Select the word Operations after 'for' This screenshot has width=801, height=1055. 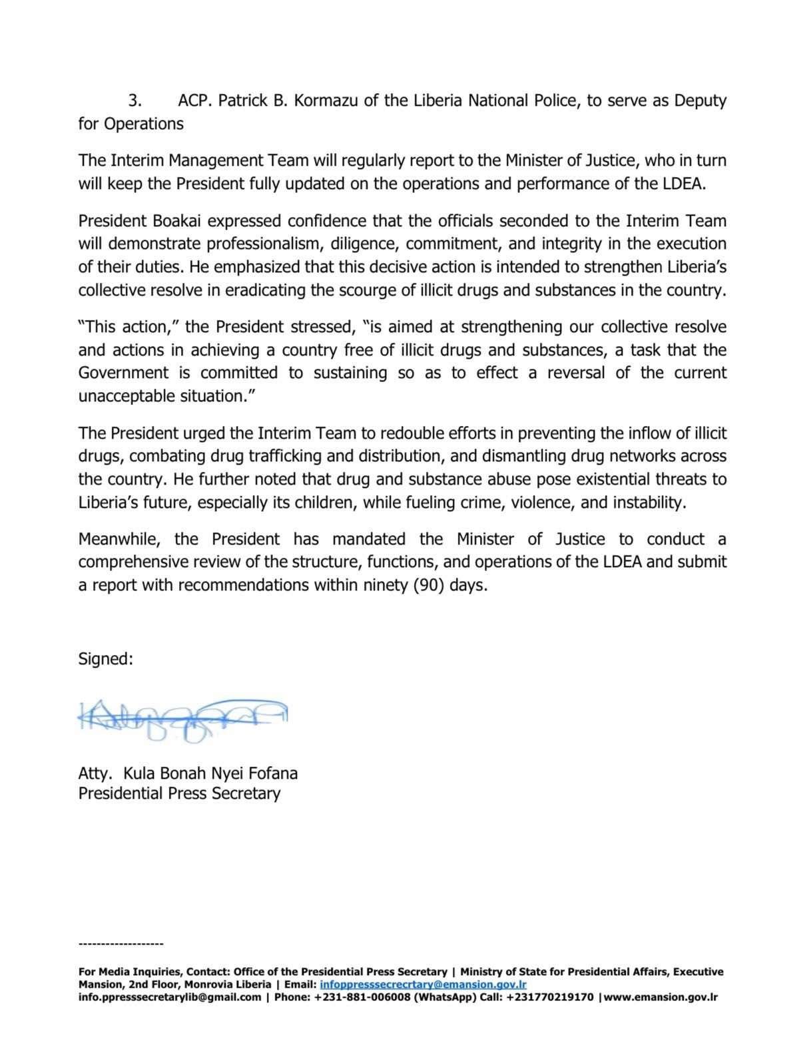point(144,124)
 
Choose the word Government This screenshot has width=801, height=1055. point(123,373)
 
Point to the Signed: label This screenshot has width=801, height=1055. point(106,659)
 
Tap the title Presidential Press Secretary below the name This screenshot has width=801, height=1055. point(179,794)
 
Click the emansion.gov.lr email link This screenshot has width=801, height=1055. point(423,984)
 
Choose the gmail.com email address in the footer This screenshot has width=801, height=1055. point(169,997)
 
